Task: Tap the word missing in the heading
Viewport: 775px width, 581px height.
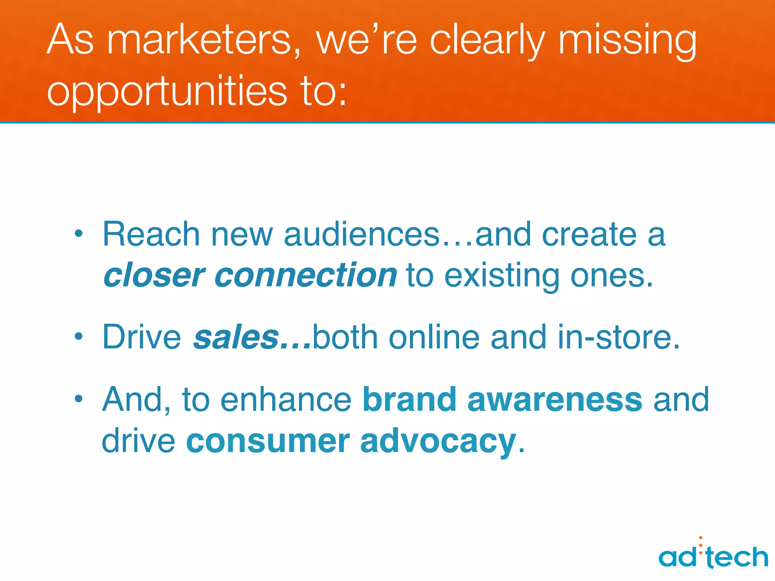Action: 627,40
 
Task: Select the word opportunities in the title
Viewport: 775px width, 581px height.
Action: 167,91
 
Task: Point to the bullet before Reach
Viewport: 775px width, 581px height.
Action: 78,234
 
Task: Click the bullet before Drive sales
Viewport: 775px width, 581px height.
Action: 78,336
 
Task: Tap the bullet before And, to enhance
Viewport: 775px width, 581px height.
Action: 78,399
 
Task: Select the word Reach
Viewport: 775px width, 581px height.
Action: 151,234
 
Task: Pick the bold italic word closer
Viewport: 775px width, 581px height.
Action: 154,275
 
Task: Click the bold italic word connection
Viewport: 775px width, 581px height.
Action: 306,275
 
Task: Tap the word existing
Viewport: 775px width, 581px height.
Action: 501,276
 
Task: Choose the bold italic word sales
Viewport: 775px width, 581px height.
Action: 236,337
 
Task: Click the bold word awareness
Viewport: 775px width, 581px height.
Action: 555,399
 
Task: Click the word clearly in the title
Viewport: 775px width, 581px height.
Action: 488,40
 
